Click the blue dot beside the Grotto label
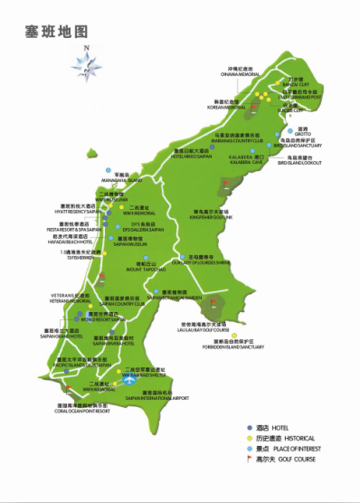click(290, 130)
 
